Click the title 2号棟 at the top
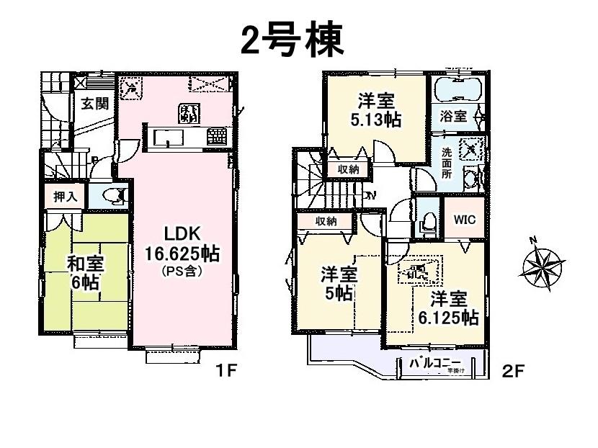click(x=291, y=41)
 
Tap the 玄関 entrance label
click(x=94, y=104)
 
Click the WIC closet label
click(x=463, y=220)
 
